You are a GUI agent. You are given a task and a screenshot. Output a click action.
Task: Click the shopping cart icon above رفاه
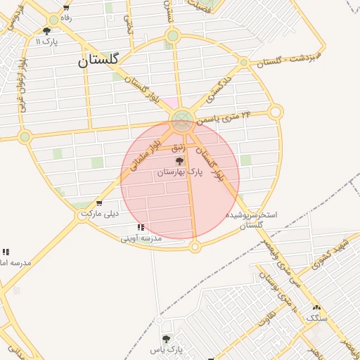[65, 8]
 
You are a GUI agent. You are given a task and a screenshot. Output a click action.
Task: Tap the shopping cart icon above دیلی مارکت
[98, 203]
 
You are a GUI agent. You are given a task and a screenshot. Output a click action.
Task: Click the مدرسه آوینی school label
[141, 238]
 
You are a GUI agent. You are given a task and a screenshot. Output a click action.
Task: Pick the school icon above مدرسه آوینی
[141, 228]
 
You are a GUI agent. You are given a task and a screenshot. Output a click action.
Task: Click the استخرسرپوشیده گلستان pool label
[251, 219]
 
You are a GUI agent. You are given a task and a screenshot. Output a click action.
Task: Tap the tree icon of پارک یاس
[166, 339]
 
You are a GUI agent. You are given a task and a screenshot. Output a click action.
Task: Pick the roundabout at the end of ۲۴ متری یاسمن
[276, 112]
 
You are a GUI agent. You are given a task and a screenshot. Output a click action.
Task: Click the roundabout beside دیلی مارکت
[83, 215]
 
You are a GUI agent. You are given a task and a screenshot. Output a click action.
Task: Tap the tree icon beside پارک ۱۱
[47, 31]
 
